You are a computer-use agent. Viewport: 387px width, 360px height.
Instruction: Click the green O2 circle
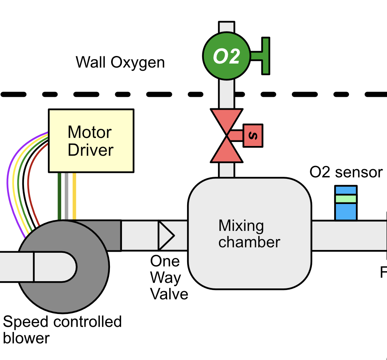click(226, 56)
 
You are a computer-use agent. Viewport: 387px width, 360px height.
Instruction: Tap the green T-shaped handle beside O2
click(265, 56)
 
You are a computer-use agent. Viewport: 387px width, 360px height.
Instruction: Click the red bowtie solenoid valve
click(227, 136)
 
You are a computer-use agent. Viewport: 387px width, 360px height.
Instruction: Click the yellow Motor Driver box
click(91, 140)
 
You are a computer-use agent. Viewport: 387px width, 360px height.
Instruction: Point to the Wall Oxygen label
click(120, 63)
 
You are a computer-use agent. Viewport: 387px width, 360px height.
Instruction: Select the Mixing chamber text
click(249, 234)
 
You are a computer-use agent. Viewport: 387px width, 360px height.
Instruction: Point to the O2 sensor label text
click(346, 172)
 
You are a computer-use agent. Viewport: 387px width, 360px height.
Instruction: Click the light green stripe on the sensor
click(346, 199)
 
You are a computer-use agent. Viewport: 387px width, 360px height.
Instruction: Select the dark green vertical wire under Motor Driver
click(60, 196)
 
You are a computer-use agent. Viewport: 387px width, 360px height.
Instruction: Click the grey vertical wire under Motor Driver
click(67, 196)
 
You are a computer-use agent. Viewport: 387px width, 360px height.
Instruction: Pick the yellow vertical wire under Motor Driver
click(74, 196)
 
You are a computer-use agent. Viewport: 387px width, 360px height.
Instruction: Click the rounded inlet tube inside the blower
click(52, 267)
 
